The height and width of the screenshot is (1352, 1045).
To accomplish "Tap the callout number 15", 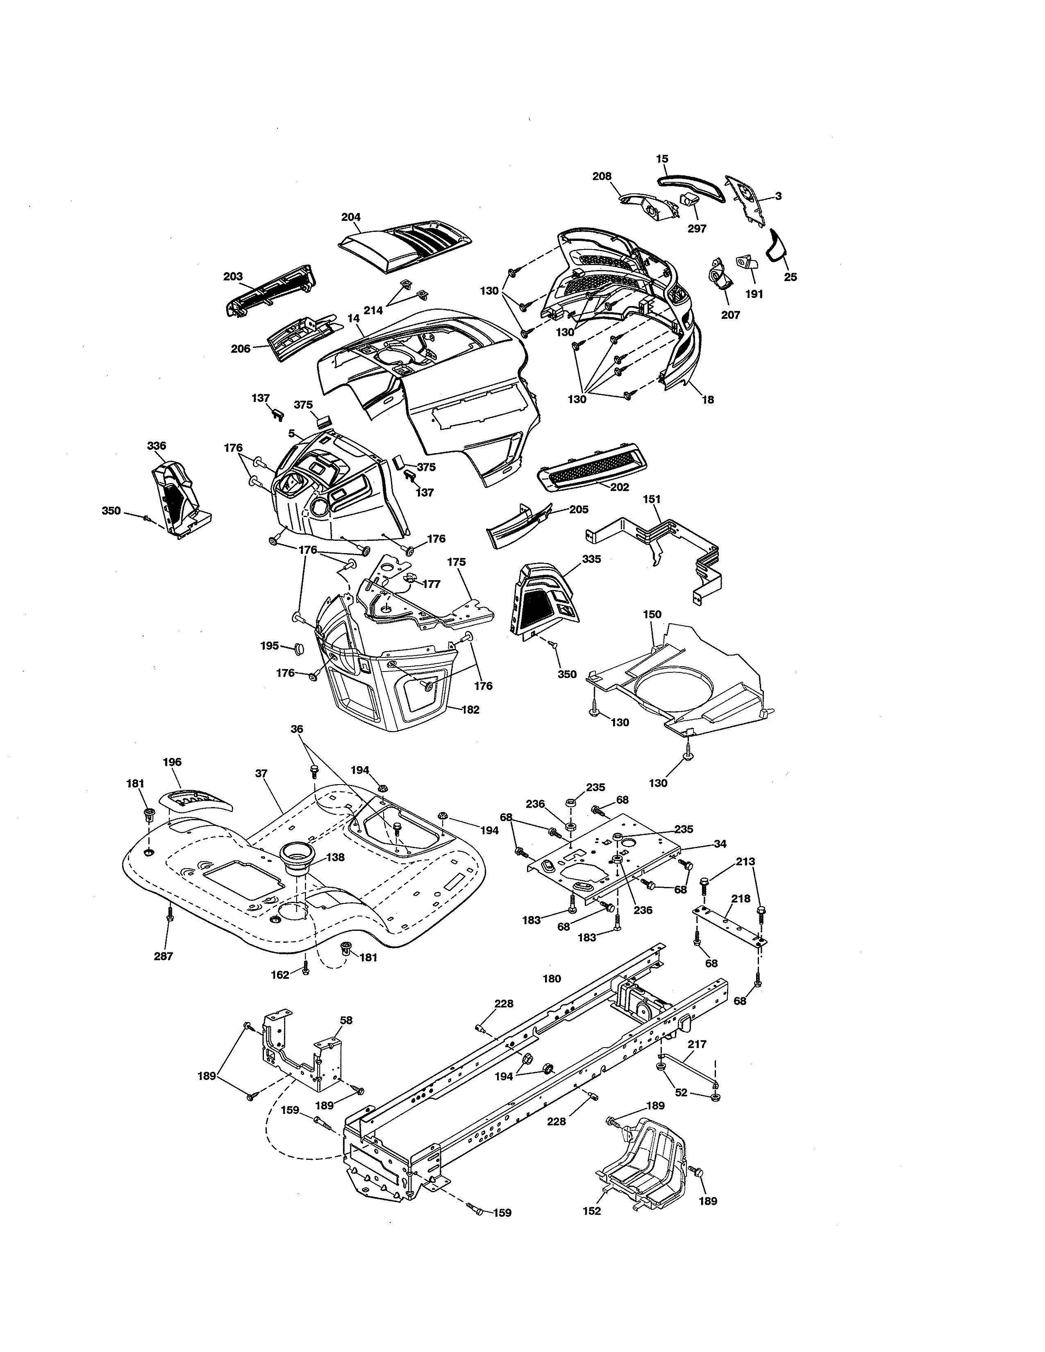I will click(x=662, y=159).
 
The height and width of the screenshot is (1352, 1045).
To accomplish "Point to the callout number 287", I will click(x=164, y=956).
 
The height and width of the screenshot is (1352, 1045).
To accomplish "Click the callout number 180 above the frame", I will click(x=552, y=979).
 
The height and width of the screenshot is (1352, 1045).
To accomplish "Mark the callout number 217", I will click(x=697, y=1044).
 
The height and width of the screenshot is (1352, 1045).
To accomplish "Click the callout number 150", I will click(x=652, y=614).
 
